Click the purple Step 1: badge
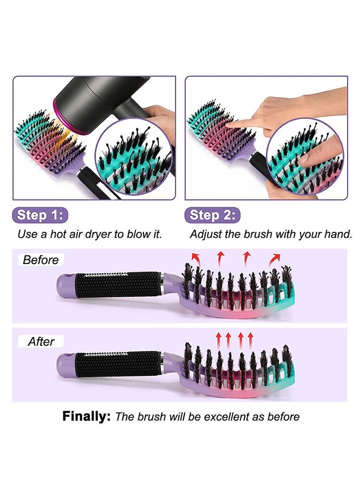[41, 215]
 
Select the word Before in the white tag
[41, 260]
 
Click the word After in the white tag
[41, 342]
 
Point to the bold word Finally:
[87, 417]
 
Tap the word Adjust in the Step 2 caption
[205, 234]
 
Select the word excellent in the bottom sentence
[232, 417]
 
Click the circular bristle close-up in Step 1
[133, 159]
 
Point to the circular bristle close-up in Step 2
[305, 158]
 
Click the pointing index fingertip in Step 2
[230, 124]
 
